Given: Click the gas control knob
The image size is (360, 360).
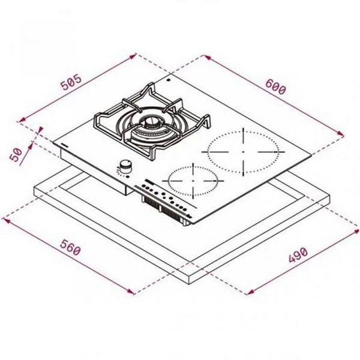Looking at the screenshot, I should (126, 165).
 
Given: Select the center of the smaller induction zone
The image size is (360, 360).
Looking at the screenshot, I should (193, 179).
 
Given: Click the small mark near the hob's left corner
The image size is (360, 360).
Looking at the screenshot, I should (64, 145).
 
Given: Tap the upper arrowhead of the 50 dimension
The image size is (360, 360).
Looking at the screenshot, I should (41, 128).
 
